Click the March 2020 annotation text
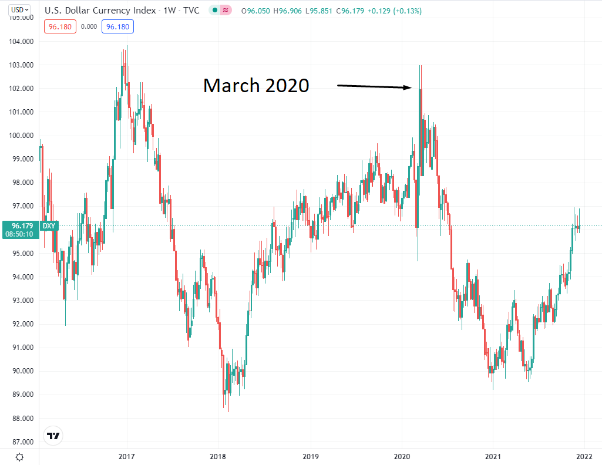point(256,86)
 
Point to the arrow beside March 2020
point(374,87)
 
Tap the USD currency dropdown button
point(21,10)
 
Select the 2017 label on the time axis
point(127,456)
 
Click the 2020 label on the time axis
point(402,456)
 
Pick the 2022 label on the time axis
point(583,456)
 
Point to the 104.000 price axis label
point(20,42)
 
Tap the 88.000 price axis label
point(20,419)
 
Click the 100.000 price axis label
point(20,136)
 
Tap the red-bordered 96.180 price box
point(60,26)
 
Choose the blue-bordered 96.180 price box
point(118,26)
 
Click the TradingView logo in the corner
point(53,436)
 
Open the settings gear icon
point(19,457)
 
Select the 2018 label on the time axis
point(218,456)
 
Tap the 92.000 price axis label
point(20,324)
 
